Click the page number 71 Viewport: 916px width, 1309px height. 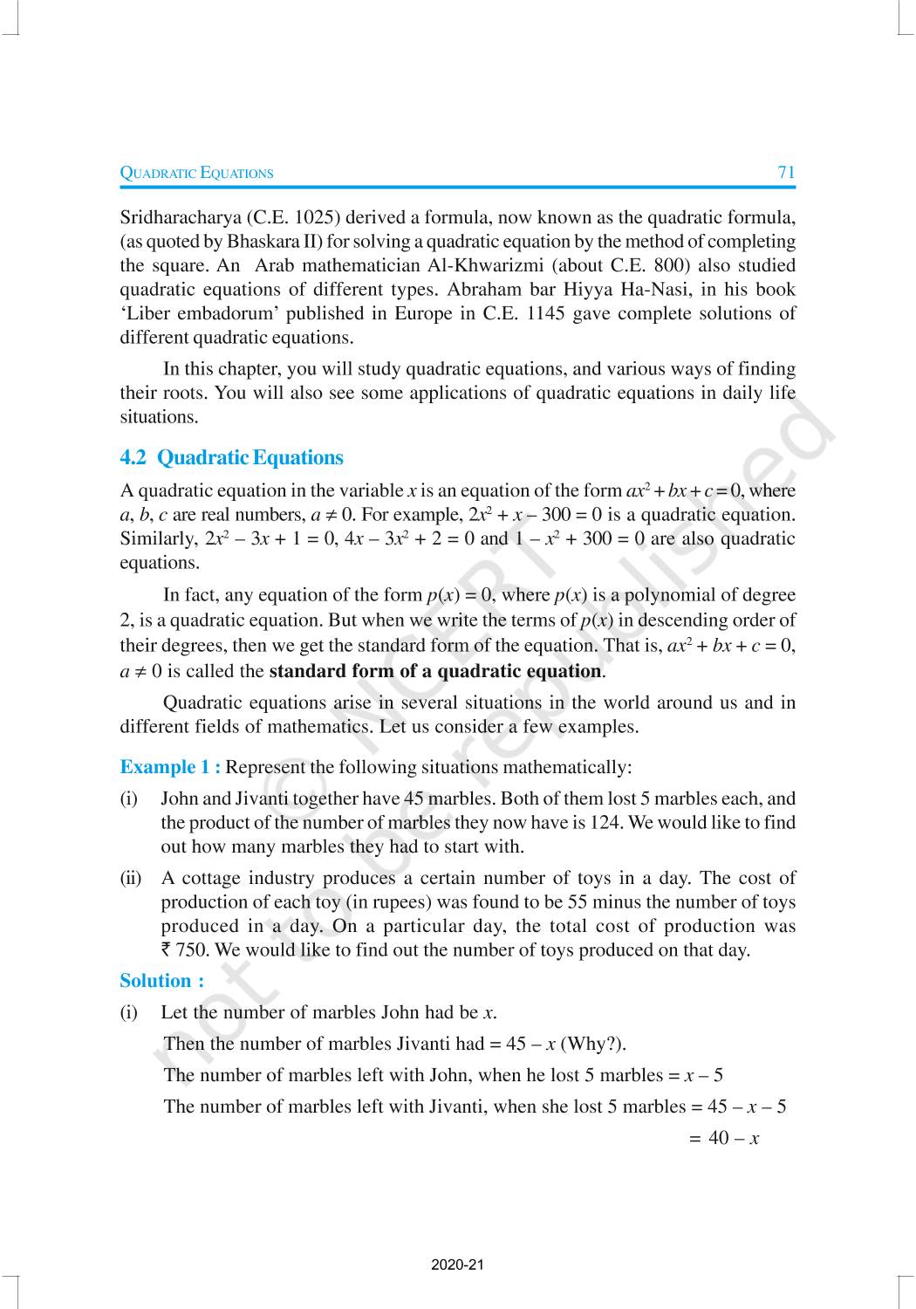786,172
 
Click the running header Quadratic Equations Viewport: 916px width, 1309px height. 196,173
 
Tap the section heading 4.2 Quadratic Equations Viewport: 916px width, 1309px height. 231,457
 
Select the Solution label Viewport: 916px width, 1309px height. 161,981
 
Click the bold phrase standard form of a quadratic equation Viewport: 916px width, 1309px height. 434,671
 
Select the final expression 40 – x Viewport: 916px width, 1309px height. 734,1138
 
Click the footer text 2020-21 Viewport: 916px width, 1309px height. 457,1264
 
